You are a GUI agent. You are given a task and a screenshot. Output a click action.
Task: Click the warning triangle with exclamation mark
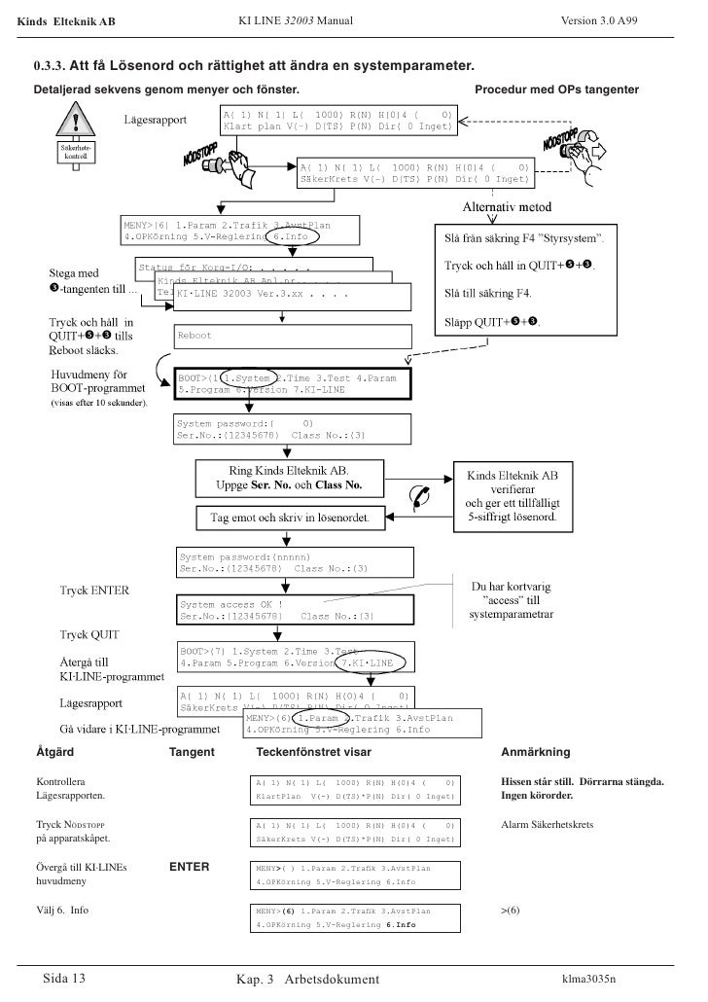(75, 125)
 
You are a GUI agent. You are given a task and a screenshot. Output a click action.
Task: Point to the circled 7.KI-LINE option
(367, 662)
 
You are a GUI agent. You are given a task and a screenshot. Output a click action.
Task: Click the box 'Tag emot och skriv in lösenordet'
(297, 518)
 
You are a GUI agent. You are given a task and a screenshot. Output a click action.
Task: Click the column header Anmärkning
(535, 752)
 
